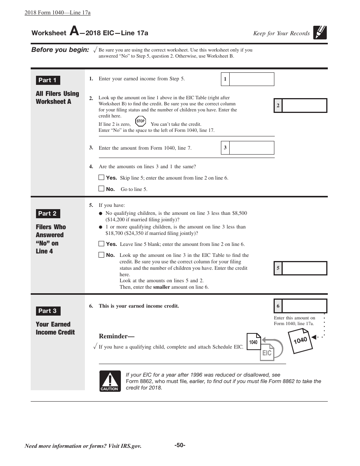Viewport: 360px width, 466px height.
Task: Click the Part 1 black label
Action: coord(48,80)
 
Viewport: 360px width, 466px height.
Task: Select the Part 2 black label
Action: coord(48,214)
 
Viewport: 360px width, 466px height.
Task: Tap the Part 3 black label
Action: coord(48,311)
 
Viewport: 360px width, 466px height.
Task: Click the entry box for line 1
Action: coord(252,79)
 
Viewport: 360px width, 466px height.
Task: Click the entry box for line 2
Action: coord(304,106)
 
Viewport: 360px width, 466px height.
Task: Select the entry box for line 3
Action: coord(252,148)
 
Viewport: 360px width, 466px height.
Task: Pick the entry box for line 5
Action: coord(304,268)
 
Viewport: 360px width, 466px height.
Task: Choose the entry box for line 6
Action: coord(304,306)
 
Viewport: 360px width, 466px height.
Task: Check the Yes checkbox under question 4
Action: coord(101,177)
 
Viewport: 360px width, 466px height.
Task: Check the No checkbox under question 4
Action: coord(101,188)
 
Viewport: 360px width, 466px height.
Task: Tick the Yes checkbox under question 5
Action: coord(101,244)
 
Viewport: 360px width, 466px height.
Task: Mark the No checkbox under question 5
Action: coord(101,255)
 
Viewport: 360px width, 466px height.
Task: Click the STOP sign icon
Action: coord(141,121)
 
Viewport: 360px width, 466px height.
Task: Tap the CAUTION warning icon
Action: coord(110,381)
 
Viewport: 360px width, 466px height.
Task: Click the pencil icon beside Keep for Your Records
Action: coord(320,33)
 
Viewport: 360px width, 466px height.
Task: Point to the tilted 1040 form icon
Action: coord(300,341)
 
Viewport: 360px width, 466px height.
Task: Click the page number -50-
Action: coord(180,445)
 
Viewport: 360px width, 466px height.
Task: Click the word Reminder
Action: coord(116,336)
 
